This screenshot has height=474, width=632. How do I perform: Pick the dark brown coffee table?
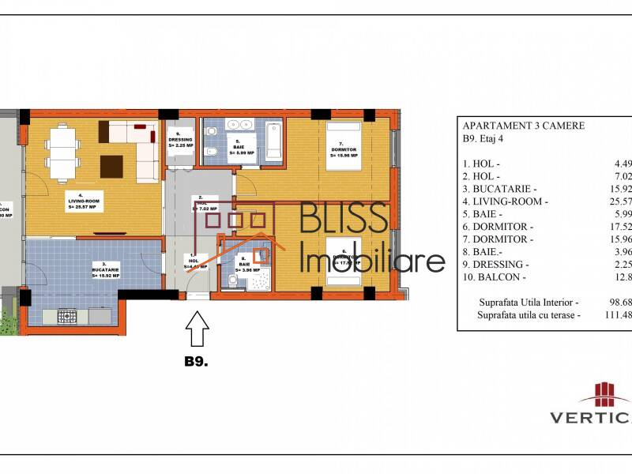111,167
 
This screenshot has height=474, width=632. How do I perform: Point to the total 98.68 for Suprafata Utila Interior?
618,302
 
